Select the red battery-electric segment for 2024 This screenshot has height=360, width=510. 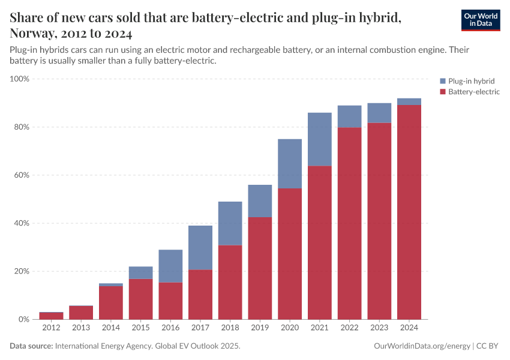(409, 212)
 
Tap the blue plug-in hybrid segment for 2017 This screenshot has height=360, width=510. (200, 248)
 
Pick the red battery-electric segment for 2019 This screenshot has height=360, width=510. (260, 268)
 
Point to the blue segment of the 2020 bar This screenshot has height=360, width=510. (290, 164)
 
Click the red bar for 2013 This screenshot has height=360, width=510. (81, 313)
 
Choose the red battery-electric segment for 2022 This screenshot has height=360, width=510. (349, 223)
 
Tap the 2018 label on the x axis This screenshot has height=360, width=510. (230, 328)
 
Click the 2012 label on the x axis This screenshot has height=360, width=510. (51, 328)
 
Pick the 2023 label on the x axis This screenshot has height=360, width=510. (379, 328)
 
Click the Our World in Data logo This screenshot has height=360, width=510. (480, 20)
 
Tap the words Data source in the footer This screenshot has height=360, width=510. (31, 346)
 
